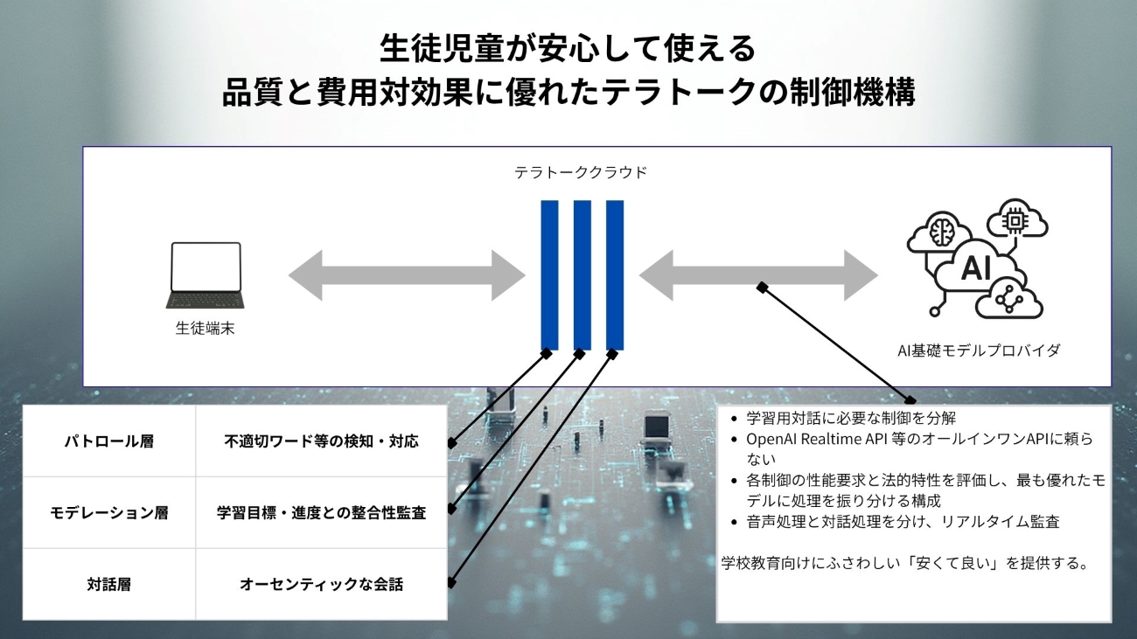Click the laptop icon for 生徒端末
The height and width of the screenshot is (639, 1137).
[206, 274]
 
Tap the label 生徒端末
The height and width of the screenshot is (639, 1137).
[206, 329]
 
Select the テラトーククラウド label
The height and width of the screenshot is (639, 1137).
[581, 172]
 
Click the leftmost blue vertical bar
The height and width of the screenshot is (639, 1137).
[549, 274]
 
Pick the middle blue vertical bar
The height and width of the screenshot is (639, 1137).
[582, 274]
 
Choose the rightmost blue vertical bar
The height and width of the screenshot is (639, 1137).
[615, 274]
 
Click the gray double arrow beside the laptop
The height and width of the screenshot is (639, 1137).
[407, 275]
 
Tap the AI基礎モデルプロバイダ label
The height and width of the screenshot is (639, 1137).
[979, 351]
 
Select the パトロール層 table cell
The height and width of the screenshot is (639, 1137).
[109, 441]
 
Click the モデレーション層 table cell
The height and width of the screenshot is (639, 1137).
[109, 513]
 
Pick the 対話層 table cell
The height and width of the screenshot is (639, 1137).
[109, 585]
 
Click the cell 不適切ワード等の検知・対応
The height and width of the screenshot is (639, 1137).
[321, 441]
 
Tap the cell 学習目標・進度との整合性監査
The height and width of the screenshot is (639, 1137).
[321, 513]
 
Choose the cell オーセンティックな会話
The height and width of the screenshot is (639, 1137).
[321, 585]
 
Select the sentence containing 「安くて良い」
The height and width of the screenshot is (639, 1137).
[904, 563]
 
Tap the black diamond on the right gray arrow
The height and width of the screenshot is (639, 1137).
[763, 287]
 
